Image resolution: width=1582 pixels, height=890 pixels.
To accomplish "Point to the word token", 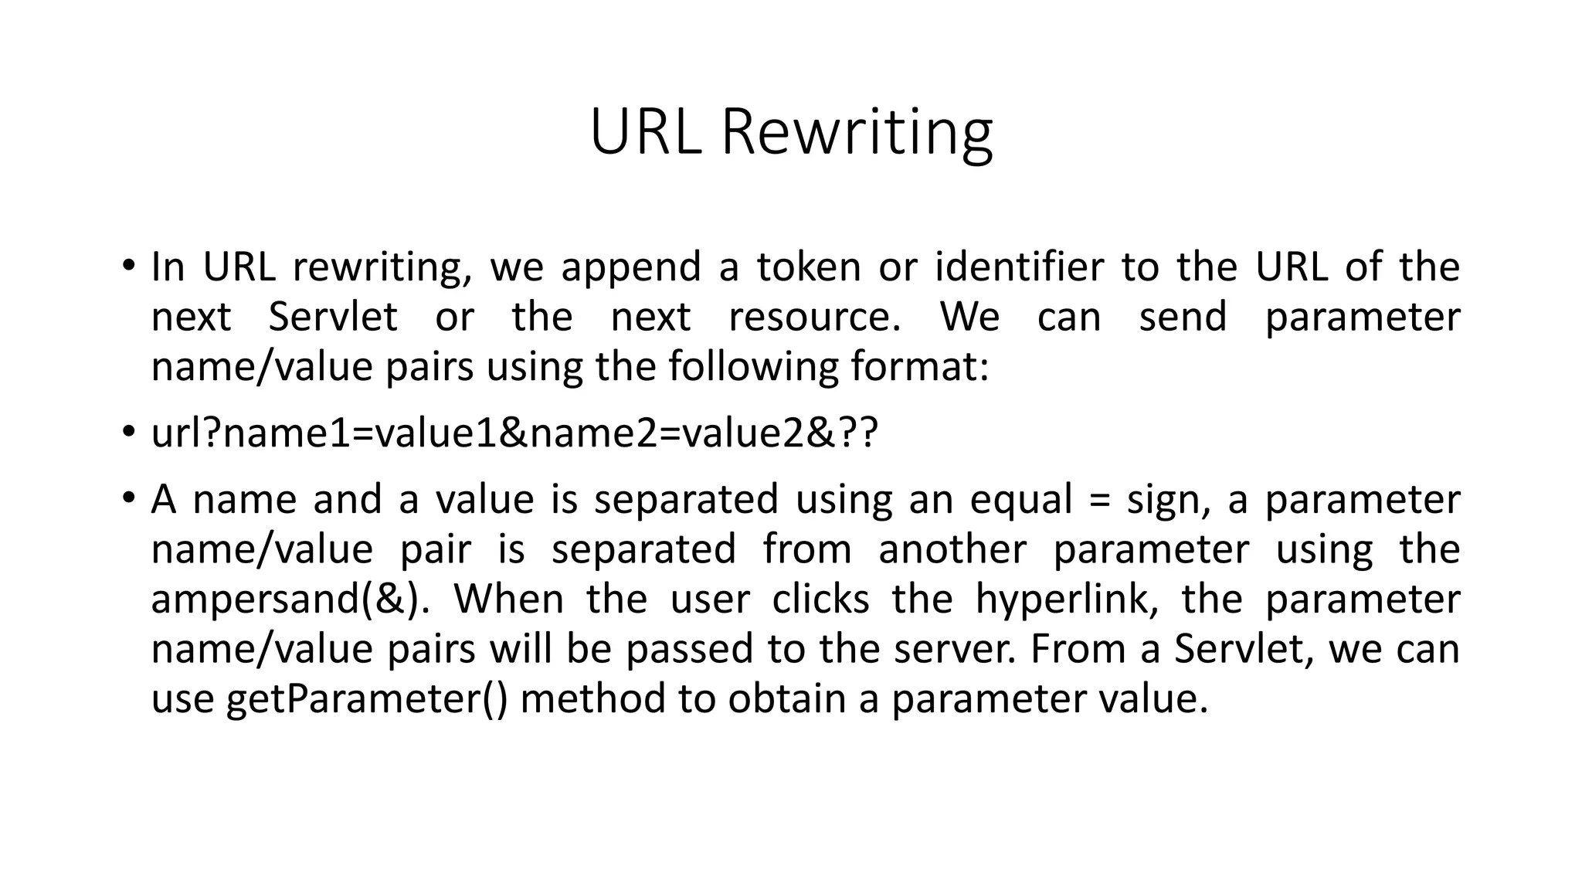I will point(808,267).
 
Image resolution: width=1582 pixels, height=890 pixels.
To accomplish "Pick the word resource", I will point(814,318).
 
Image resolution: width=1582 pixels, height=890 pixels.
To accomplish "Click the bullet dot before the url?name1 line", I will point(128,432).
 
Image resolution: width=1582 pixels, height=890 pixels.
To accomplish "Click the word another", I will point(952,550).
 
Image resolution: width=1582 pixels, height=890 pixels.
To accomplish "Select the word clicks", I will point(820,600).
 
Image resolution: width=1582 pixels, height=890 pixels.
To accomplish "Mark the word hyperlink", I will point(1066,600).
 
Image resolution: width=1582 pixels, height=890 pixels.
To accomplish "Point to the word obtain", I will point(787,700).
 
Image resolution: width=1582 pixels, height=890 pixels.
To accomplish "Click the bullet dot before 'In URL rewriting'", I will point(128,266).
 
